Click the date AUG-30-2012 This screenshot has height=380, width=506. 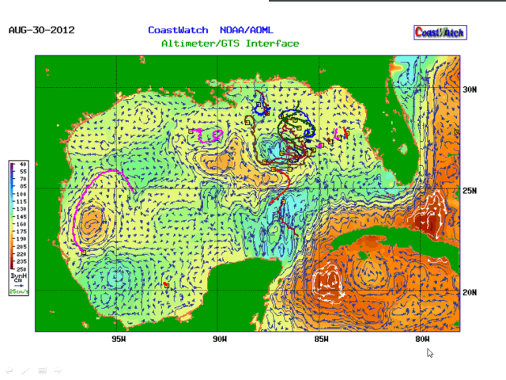pyautogui.click(x=41, y=31)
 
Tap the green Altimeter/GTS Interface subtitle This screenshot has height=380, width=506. pyautogui.click(x=230, y=44)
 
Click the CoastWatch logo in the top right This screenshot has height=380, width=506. pyautogui.click(x=440, y=32)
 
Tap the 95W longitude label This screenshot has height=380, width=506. pyautogui.click(x=119, y=340)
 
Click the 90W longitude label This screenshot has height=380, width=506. pyautogui.click(x=220, y=340)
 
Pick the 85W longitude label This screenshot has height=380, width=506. pyautogui.click(x=321, y=340)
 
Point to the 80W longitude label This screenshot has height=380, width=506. pyautogui.click(x=423, y=340)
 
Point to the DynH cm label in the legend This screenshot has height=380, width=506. pyautogui.click(x=17, y=278)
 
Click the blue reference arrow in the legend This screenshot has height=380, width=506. pyautogui.click(x=17, y=285)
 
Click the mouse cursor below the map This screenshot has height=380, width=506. pyautogui.click(x=430, y=353)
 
